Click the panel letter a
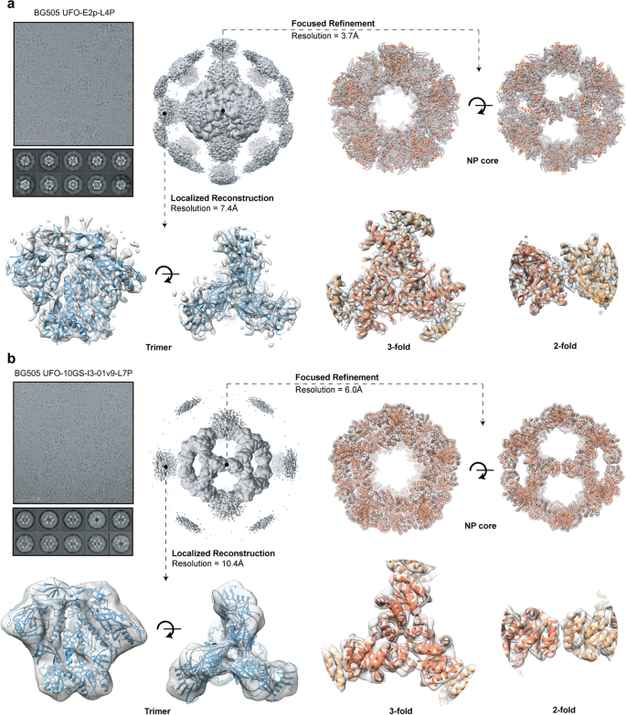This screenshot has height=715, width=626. tap(6, 6)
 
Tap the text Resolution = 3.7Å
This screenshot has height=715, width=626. tap(329, 36)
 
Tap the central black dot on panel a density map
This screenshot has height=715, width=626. tap(223, 111)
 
